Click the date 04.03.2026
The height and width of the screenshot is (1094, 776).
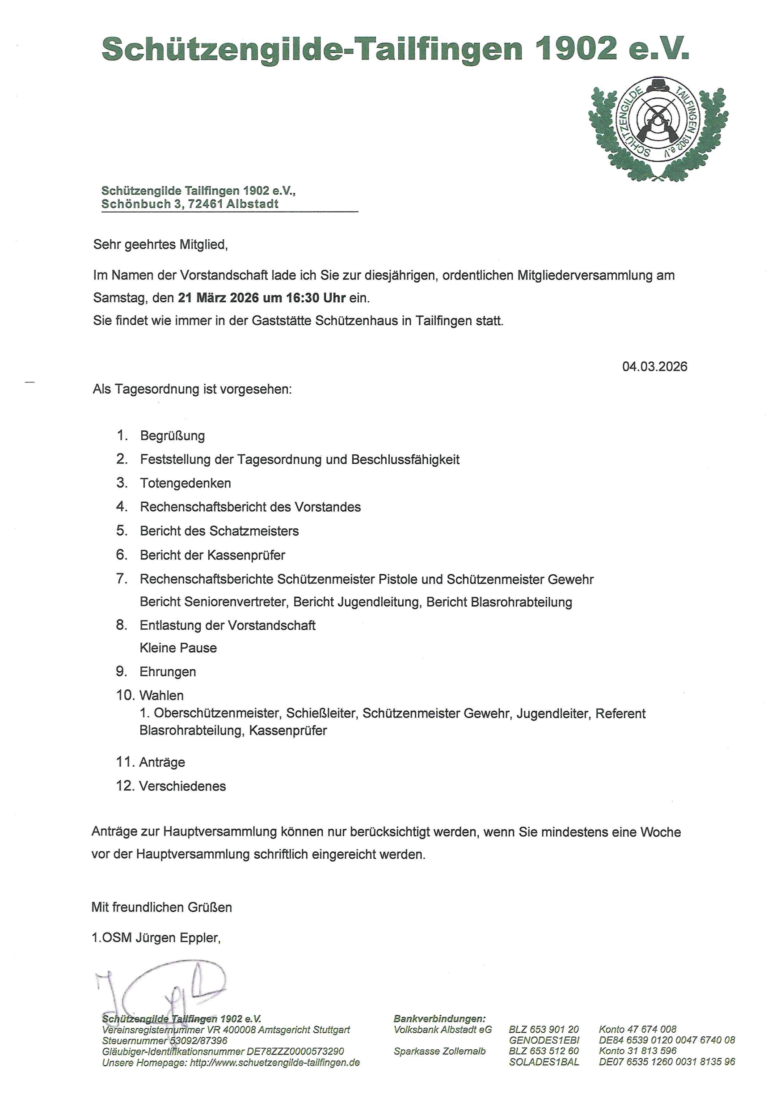(654, 367)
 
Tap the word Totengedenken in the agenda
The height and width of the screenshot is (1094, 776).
(186, 483)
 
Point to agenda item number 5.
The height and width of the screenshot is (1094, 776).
(122, 531)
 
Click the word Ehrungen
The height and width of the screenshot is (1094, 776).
(168, 672)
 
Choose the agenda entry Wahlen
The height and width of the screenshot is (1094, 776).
(161, 695)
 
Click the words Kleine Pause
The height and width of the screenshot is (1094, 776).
(178, 648)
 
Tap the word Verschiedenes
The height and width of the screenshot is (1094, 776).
(182, 786)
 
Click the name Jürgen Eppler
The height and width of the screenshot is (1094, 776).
(177, 937)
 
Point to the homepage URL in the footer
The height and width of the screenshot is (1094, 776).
(275, 1062)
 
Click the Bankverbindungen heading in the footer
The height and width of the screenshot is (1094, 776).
(439, 1019)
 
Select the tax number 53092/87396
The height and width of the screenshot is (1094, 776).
(199, 1040)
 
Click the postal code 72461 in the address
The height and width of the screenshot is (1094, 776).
(206, 204)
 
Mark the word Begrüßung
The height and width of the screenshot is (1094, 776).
(173, 436)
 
